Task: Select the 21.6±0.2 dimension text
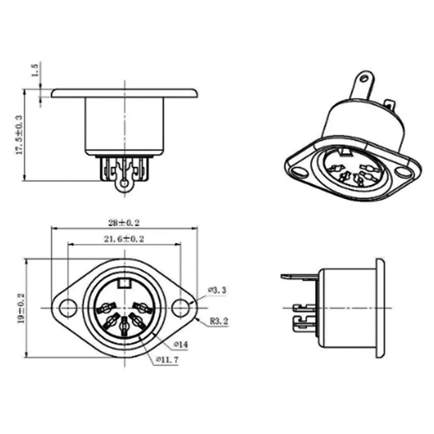(x=124, y=239)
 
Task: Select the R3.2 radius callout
(x=218, y=322)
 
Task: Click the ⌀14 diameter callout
(x=180, y=344)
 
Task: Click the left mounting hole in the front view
(x=67, y=308)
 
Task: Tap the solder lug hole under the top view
(x=125, y=184)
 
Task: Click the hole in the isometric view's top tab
(x=365, y=79)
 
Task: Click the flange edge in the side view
(x=379, y=308)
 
